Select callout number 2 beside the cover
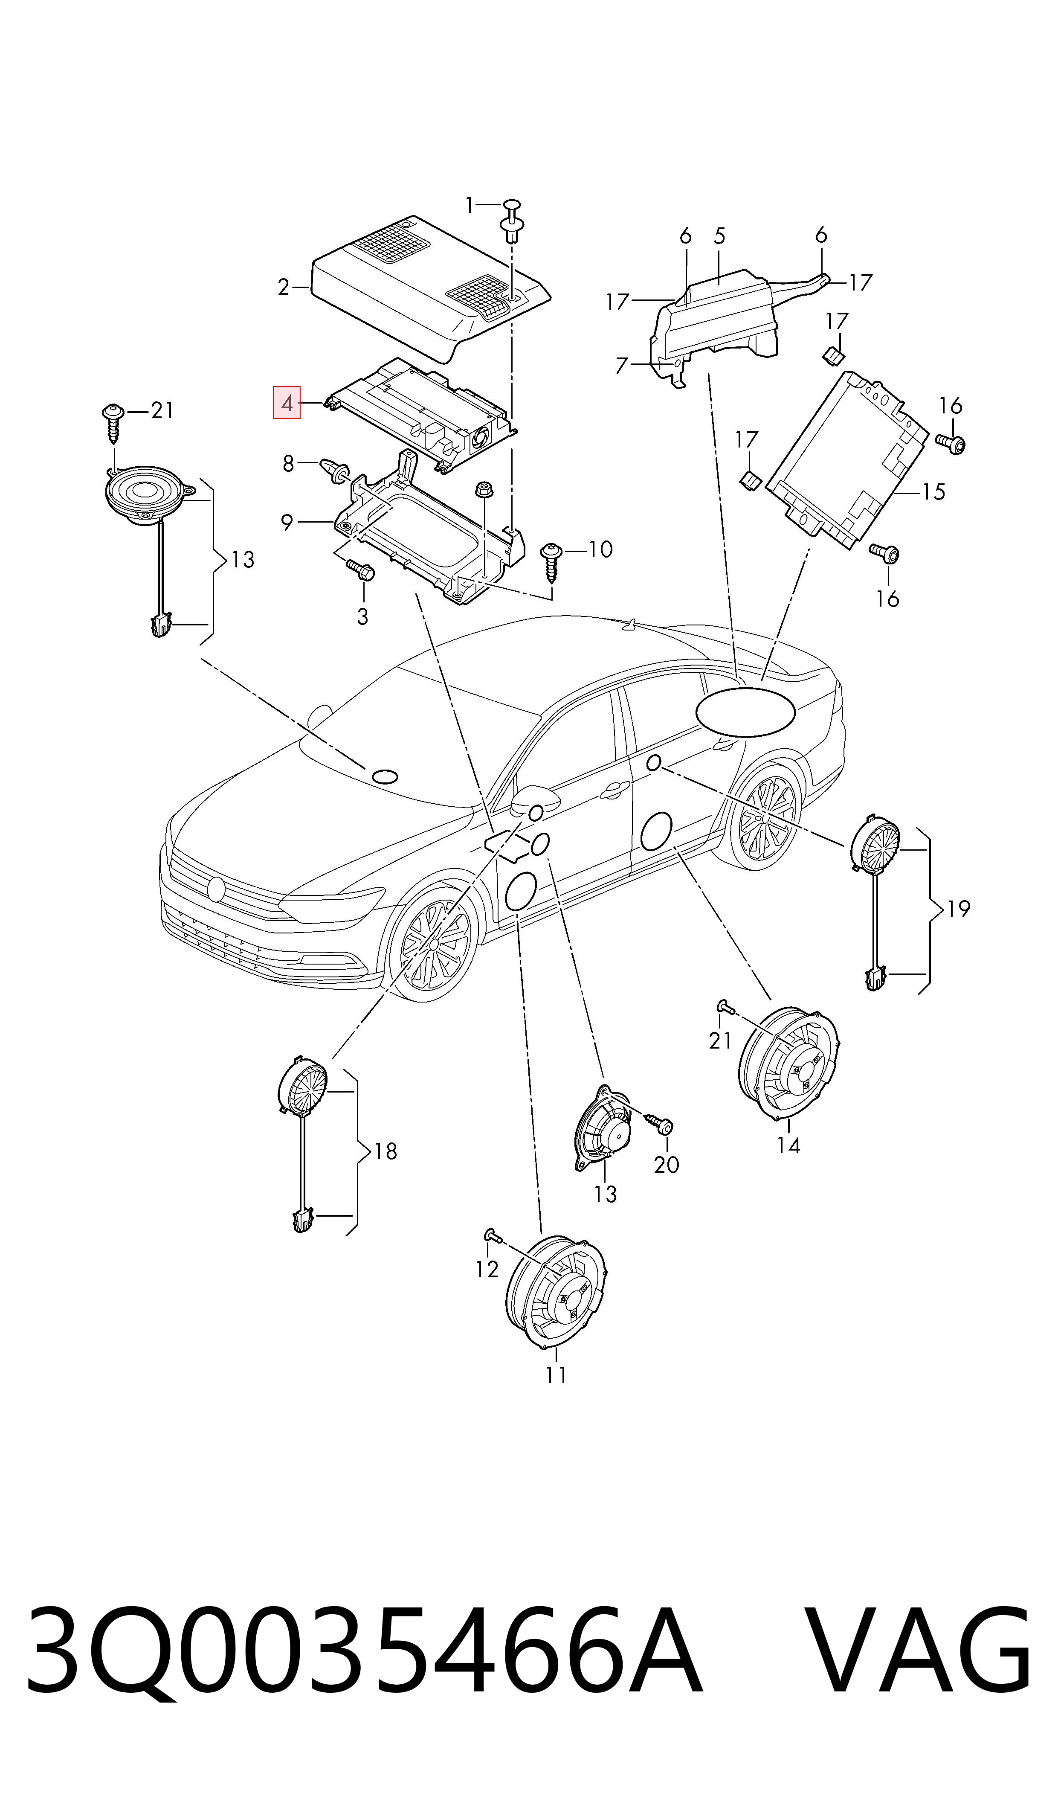(284, 288)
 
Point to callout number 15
(933, 492)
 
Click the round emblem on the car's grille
(217, 888)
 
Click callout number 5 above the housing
(719, 236)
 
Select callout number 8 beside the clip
(288, 464)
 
